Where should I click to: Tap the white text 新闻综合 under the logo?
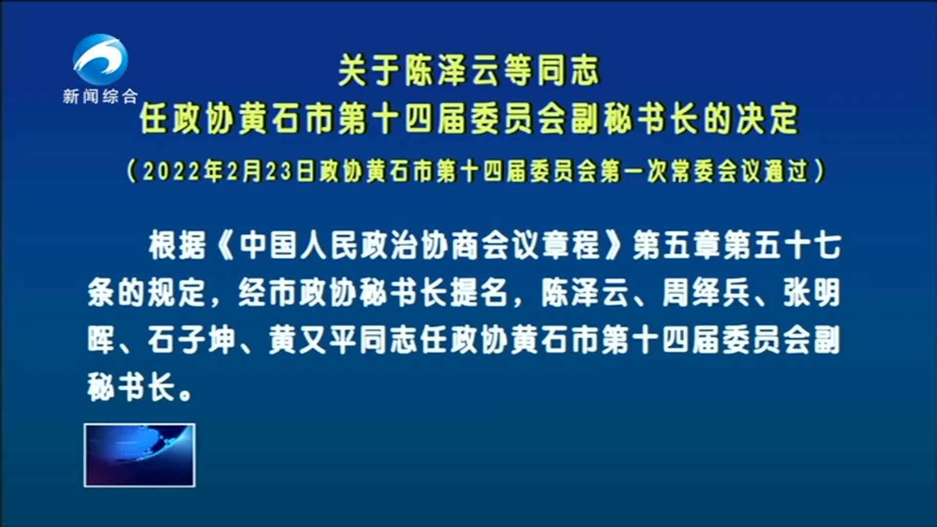click(x=101, y=96)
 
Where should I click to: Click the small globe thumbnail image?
click(x=140, y=455)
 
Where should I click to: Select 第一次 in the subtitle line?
click(x=634, y=171)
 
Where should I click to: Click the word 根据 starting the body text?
click(x=178, y=245)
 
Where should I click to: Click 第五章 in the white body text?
click(x=678, y=245)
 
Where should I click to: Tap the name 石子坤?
click(x=192, y=340)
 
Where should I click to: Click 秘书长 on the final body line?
click(x=132, y=387)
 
